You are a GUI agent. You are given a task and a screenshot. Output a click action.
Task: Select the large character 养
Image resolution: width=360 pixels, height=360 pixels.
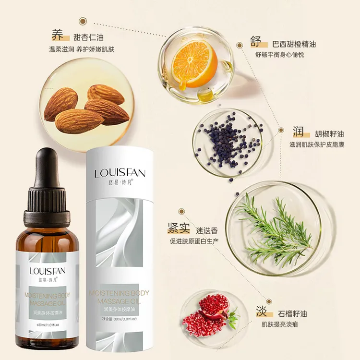coord(58,36)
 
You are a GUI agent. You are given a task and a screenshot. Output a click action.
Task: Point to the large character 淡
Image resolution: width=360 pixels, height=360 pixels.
coord(261,312)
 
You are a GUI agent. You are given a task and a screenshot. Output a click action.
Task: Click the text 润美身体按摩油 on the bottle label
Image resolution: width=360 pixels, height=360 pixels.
coord(47,312)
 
